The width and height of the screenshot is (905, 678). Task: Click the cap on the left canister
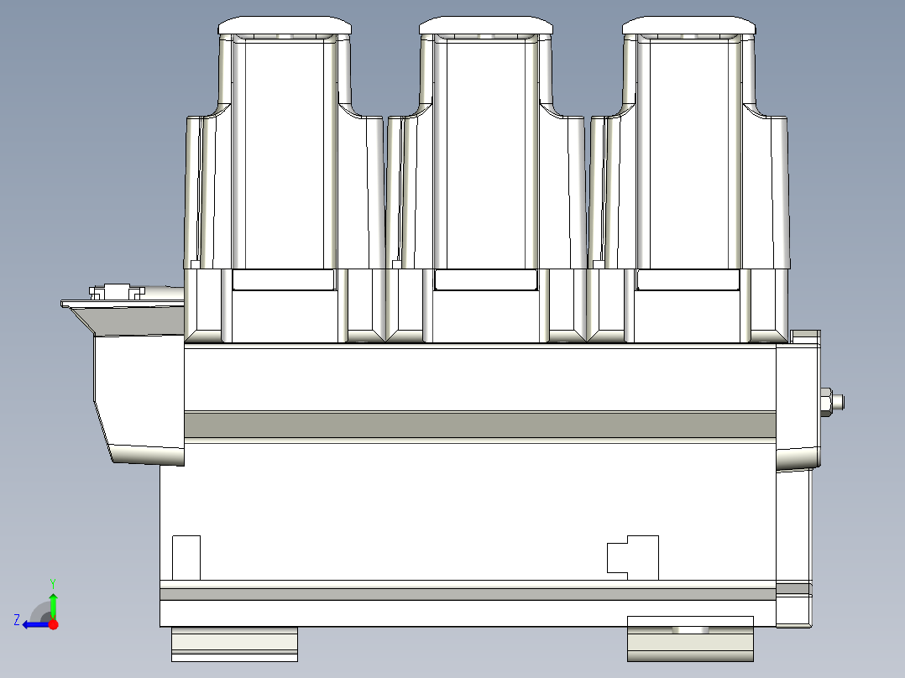click(285, 25)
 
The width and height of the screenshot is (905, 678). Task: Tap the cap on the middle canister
click(486, 25)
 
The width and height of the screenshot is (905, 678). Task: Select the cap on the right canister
click(689, 25)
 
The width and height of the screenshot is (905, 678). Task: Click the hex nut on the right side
click(826, 402)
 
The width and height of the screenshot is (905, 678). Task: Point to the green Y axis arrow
click(53, 600)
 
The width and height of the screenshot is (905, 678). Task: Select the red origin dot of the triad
click(54, 624)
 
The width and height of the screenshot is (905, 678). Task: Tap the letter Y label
click(53, 584)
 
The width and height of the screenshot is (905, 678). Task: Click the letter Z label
click(17, 620)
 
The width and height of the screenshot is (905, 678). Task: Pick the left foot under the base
click(234, 644)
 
